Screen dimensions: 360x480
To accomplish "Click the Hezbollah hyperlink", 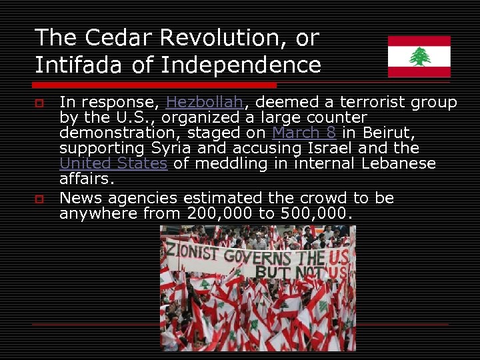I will click(x=205, y=103).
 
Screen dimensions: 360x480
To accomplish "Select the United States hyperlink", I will click(x=113, y=163).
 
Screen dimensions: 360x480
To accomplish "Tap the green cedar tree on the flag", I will click(x=419, y=57).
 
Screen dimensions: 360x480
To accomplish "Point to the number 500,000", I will click(x=312, y=214).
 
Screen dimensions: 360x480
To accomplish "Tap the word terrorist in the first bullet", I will click(x=373, y=103).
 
